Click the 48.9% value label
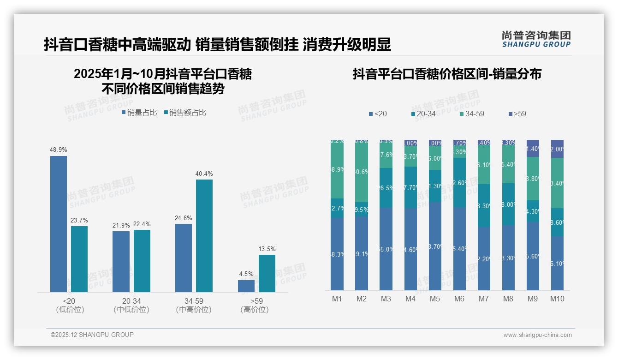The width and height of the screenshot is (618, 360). [x=59, y=150]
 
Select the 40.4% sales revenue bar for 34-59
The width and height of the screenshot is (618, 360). [x=204, y=235]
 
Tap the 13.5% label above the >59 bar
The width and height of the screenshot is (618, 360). [x=267, y=249]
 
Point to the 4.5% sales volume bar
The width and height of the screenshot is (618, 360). [x=246, y=286]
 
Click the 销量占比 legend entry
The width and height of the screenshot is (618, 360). [x=139, y=113]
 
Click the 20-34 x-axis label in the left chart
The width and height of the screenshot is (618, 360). [x=131, y=301]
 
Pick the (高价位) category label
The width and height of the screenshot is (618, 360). [x=255, y=310]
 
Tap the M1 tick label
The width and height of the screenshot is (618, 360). [x=337, y=299]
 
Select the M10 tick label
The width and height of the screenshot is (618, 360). [x=557, y=299]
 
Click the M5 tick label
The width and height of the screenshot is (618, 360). [x=435, y=299]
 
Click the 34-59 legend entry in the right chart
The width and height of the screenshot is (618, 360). [x=472, y=114]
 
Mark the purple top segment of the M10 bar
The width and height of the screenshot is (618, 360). [x=557, y=149]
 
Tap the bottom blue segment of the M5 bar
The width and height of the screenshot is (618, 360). [x=435, y=246]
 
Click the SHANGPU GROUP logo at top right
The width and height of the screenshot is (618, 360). [x=536, y=39]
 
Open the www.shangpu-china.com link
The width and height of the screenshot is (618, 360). [x=537, y=335]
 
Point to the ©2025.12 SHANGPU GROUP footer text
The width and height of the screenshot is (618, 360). [x=92, y=335]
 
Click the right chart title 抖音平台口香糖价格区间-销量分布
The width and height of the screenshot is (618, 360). [x=447, y=74]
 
